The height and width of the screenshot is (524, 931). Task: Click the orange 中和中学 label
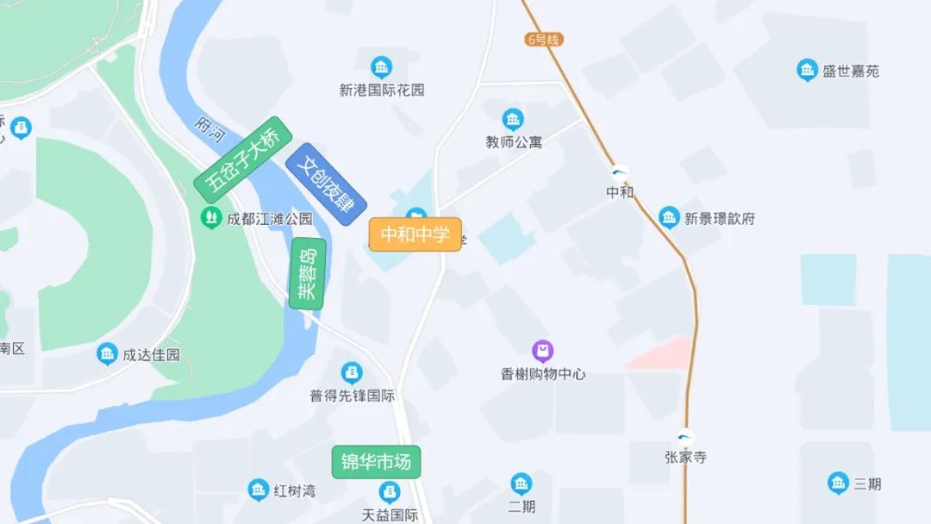tap(416, 234)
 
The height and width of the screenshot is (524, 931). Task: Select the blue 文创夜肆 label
tap(326, 184)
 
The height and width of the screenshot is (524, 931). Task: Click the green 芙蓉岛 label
tap(308, 273)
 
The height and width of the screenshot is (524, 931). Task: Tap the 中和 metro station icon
tap(620, 172)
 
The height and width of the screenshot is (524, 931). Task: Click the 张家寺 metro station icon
tap(685, 437)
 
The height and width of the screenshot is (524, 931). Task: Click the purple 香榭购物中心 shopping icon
tap(543, 351)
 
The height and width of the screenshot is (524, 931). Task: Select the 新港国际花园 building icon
tap(381, 66)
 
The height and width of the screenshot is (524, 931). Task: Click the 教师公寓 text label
tap(514, 142)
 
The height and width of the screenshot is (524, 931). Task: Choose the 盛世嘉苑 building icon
tap(807, 71)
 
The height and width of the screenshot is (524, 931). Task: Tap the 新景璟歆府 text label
tap(720, 219)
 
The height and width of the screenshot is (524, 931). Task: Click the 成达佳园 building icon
tap(107, 353)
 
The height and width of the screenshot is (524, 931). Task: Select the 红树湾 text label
tap(295, 491)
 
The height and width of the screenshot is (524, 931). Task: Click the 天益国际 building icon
tap(391, 492)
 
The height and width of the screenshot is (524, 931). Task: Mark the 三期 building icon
tap(838, 483)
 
